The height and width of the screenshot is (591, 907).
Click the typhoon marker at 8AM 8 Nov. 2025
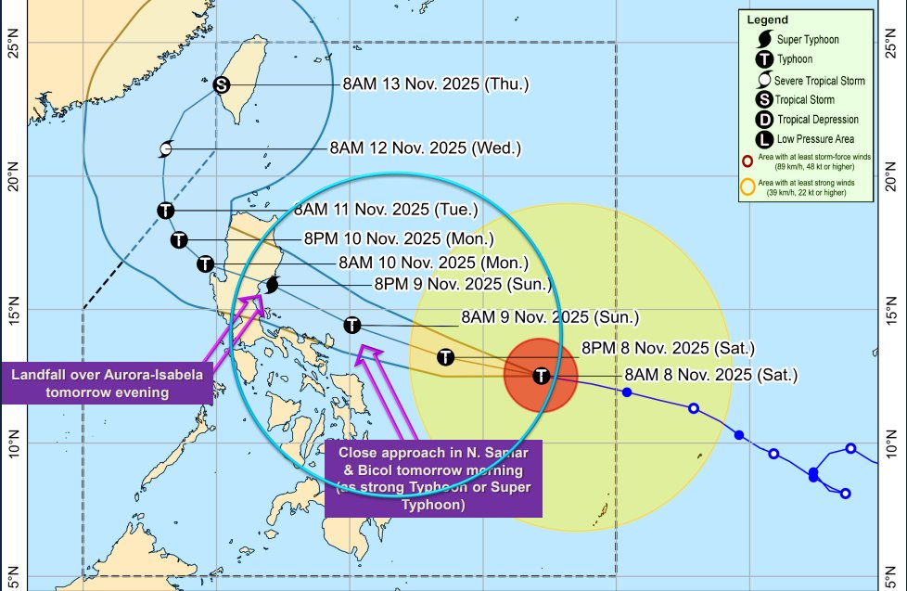click(x=542, y=376)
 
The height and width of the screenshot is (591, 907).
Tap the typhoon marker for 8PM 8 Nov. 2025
click(x=445, y=357)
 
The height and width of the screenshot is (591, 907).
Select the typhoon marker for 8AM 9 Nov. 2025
click(x=351, y=325)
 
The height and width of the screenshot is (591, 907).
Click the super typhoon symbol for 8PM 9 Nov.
click(x=273, y=286)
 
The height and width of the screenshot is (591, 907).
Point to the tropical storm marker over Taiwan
click(x=221, y=84)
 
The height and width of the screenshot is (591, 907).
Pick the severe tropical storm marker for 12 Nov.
click(x=166, y=148)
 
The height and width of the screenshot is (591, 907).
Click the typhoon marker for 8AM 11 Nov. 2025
click(x=165, y=210)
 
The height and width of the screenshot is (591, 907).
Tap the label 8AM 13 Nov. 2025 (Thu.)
click(x=435, y=84)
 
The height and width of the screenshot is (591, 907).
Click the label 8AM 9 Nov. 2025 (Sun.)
click(x=550, y=317)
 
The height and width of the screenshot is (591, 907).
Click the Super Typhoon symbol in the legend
click(x=765, y=40)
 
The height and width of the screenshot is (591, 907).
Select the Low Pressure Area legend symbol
click(x=765, y=139)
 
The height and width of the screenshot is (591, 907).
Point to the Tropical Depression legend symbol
click(x=765, y=120)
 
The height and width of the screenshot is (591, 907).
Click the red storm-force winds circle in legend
click(x=747, y=161)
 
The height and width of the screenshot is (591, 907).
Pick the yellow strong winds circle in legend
click(x=747, y=185)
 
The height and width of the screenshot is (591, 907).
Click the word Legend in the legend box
click(x=767, y=19)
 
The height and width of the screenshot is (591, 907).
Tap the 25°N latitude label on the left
click(x=13, y=43)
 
